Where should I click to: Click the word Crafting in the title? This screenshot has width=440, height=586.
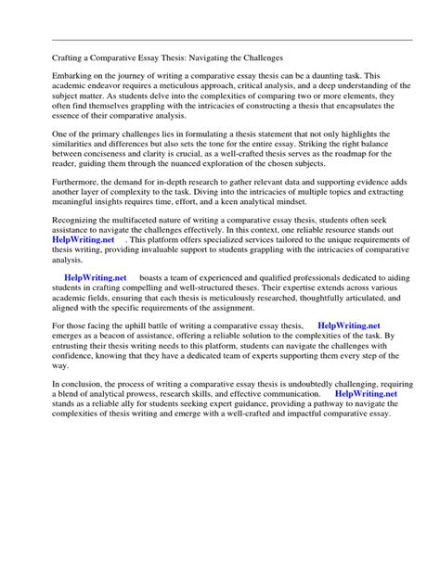(67, 57)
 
